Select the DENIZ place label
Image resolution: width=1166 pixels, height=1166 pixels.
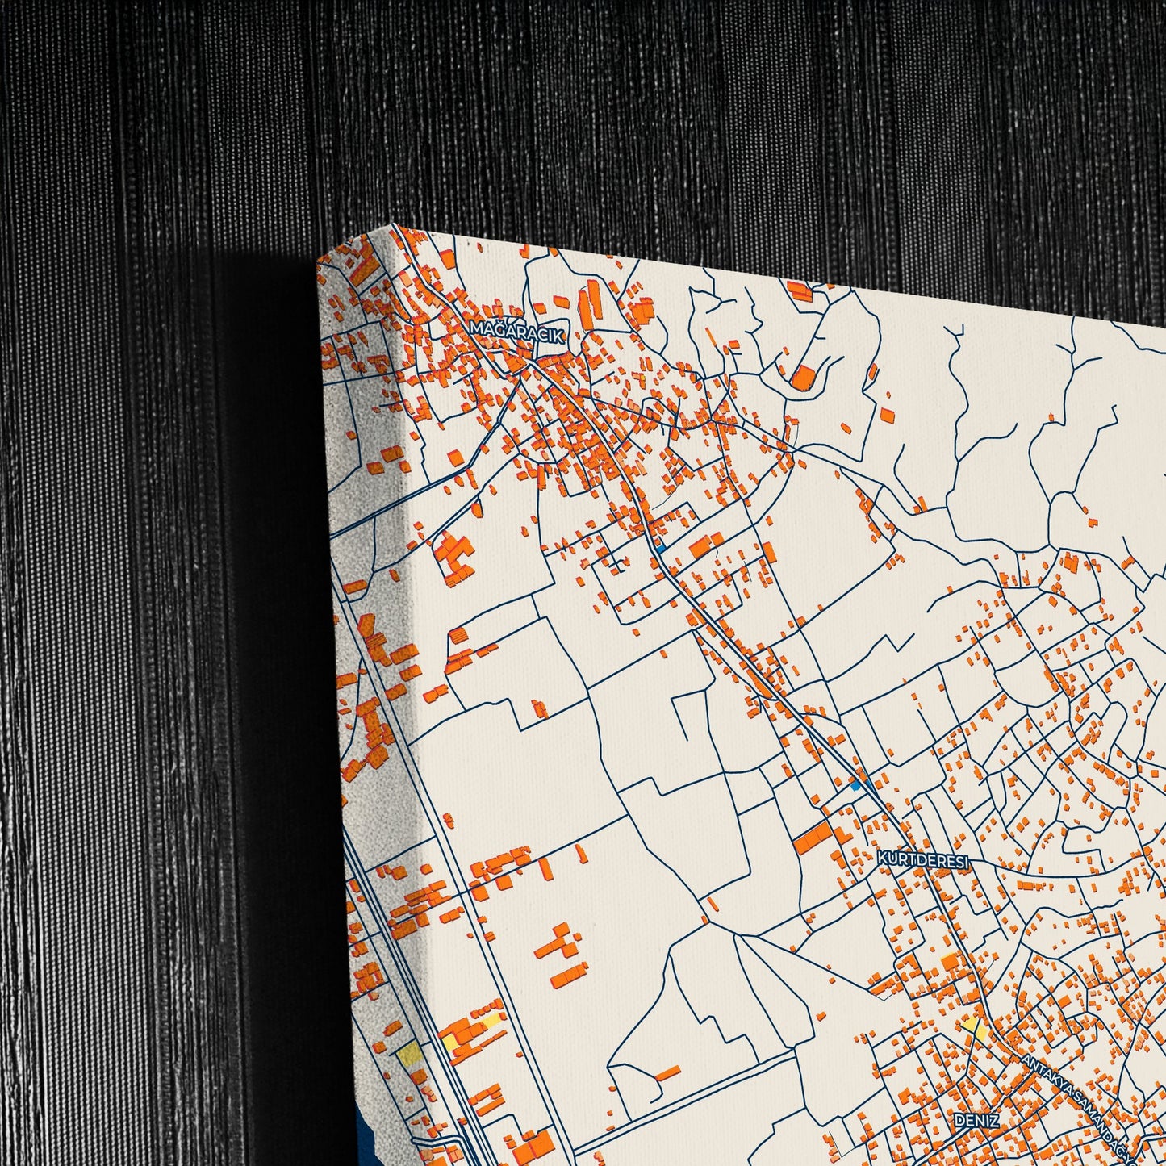point(976,1121)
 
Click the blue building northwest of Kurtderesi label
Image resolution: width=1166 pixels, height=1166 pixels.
point(857,784)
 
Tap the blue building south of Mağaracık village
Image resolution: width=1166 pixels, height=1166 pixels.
point(659,548)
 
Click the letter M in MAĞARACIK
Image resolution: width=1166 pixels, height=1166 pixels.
point(475,327)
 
